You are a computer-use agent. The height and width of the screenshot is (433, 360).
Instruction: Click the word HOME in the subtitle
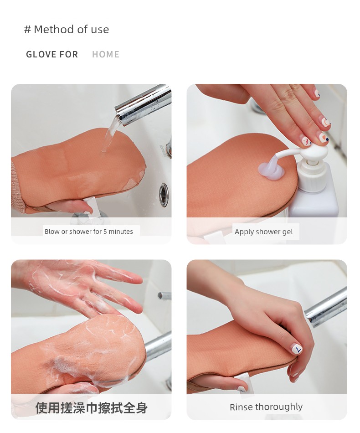106,54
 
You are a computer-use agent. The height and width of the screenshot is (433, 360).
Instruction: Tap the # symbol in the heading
27,30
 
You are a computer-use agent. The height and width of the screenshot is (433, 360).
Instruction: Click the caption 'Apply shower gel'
264,232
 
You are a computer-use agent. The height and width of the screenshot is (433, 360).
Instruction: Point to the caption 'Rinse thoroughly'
266,407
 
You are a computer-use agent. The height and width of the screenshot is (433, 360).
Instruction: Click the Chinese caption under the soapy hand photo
92,408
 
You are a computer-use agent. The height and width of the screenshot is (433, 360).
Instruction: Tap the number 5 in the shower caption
105,232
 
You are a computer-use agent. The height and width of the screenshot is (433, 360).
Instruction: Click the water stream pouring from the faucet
109,134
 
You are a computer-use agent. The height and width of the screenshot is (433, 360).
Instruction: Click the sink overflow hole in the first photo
164,195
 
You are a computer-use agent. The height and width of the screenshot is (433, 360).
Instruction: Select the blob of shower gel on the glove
271,170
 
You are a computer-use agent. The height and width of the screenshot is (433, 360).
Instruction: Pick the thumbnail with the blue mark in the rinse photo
297,349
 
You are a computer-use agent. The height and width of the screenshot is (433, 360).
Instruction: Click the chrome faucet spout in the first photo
143,104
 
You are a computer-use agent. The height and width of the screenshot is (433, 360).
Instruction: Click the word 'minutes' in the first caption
121,232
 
